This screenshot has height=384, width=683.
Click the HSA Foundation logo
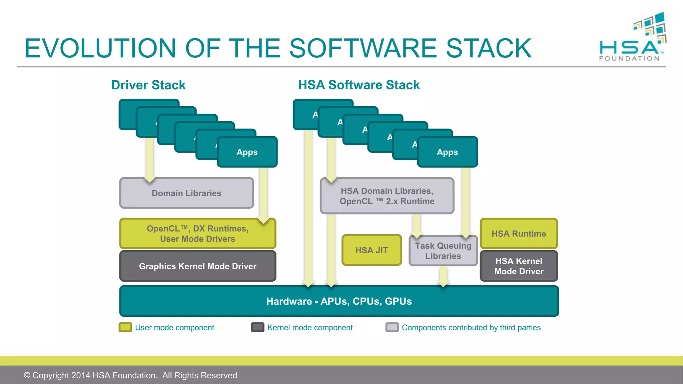[632, 38]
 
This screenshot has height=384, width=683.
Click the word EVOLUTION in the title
[100, 48]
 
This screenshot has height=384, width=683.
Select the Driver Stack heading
[148, 85]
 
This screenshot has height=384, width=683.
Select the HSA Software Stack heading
[359, 85]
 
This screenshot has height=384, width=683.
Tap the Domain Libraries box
[186, 193]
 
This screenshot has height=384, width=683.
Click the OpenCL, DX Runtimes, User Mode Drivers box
[197, 234]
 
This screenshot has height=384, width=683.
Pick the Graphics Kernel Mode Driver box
[197, 266]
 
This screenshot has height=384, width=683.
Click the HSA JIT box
[372, 250]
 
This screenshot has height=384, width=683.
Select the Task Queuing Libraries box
[443, 251]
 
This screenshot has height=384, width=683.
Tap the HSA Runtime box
[519, 234]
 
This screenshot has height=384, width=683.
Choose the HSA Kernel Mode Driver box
[519, 266]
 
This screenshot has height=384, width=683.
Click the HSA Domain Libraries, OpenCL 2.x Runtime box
[387, 196]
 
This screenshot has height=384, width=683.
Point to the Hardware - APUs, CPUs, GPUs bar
[339, 301]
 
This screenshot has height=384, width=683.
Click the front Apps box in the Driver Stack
[247, 152]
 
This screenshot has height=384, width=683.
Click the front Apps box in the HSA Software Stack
[447, 152]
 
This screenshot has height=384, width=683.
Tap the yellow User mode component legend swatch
[125, 327]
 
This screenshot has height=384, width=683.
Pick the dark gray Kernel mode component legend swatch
[257, 327]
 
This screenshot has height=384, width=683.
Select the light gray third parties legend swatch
[392, 327]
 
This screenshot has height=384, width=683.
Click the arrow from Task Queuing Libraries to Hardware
[443, 276]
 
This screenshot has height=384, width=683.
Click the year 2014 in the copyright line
[81, 375]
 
